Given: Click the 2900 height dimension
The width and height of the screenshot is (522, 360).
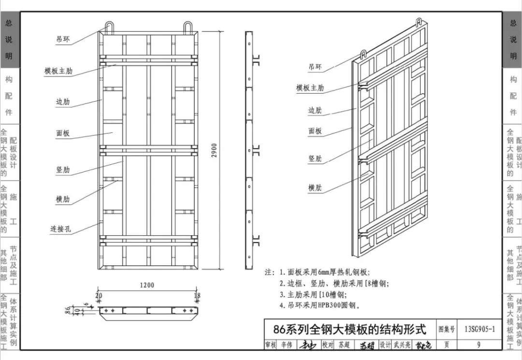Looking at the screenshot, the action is point(215,149).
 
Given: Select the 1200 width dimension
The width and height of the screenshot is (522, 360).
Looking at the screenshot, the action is point(147,285).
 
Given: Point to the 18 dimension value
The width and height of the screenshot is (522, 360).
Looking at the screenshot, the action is point(197,296).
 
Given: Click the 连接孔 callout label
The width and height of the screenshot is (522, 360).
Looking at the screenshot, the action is point(61,229).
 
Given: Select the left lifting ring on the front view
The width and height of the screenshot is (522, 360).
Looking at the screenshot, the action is point(109,27).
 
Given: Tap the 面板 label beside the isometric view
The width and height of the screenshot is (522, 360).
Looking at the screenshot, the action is point(315,131).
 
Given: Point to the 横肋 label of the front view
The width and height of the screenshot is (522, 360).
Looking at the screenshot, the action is point(63,199).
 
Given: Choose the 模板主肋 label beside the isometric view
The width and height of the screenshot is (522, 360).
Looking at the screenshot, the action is point(310,88).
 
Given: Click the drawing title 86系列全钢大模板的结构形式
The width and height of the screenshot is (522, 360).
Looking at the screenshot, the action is point(350,330).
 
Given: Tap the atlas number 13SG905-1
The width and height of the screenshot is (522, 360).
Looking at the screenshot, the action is point(479,330).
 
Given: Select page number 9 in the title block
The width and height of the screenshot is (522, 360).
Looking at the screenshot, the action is point(478,345).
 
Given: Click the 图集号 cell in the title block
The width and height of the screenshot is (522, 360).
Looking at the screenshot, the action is point(447,330).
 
